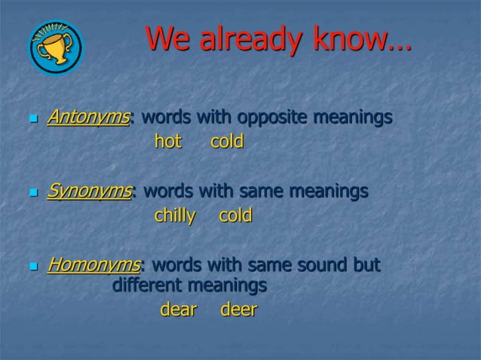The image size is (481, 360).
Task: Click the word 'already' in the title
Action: [244, 40]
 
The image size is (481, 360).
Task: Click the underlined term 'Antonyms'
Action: [88, 118]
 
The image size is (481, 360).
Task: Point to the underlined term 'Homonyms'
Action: [93, 266]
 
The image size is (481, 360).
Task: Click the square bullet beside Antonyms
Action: [32, 120]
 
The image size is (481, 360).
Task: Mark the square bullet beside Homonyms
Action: [32, 267]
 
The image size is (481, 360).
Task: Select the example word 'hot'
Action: [168, 142]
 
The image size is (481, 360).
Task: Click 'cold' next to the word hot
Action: [226, 142]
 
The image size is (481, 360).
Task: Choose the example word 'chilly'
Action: [175, 216]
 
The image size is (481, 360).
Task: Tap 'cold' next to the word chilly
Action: [235, 216]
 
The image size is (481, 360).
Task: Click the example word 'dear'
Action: [179, 310]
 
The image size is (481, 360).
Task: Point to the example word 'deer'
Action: [238, 310]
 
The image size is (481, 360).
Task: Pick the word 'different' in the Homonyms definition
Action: [148, 286]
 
